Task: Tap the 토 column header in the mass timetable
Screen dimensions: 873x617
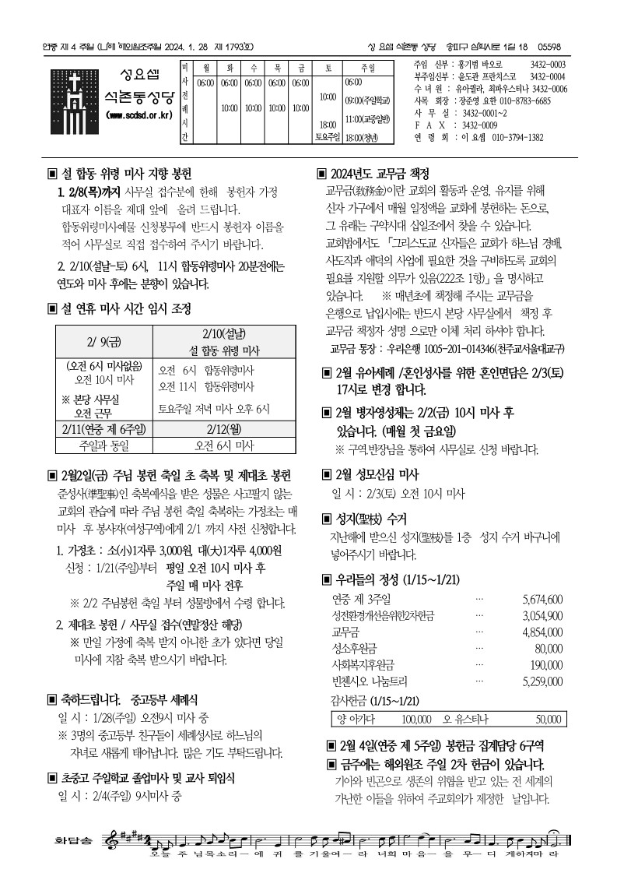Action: [x=326, y=69]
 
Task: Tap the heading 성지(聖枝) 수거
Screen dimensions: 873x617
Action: [x=370, y=518]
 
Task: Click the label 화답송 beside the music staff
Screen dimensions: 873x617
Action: [x=72, y=842]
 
